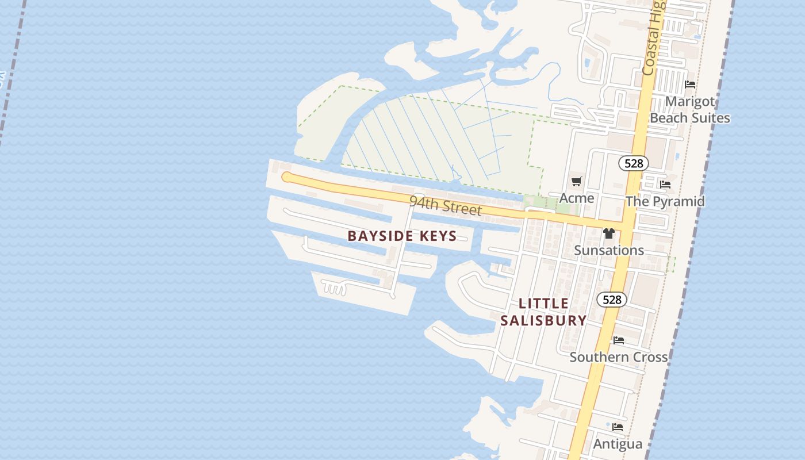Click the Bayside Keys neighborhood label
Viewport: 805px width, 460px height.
pyautogui.click(x=402, y=236)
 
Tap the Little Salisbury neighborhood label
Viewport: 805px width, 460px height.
pyautogui.click(x=543, y=312)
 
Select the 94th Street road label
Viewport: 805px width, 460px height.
pyautogui.click(x=445, y=205)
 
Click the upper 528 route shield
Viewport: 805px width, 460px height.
pyautogui.click(x=633, y=163)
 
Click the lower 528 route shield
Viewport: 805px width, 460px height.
pyautogui.click(x=612, y=300)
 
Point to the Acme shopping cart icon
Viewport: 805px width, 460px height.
pyautogui.click(x=576, y=182)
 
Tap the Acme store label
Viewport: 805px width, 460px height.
pyautogui.click(x=577, y=198)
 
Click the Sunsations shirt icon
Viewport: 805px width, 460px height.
pyautogui.click(x=609, y=233)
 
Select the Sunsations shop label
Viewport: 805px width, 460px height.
pyautogui.click(x=609, y=250)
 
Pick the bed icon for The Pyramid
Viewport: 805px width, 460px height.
pyautogui.click(x=665, y=185)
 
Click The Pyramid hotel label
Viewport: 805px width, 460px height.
pyautogui.click(x=665, y=201)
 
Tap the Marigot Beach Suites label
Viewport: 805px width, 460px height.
pyautogui.click(x=690, y=110)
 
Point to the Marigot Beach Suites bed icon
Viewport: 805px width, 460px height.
pyautogui.click(x=690, y=85)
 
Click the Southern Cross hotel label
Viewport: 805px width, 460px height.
pyautogui.click(x=619, y=357)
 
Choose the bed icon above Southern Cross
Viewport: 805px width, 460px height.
pyautogui.click(x=619, y=340)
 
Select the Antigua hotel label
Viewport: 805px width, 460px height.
pyautogui.click(x=618, y=444)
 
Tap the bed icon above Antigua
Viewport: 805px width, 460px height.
pyautogui.click(x=618, y=427)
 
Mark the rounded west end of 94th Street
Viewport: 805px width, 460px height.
pyautogui.click(x=286, y=177)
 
